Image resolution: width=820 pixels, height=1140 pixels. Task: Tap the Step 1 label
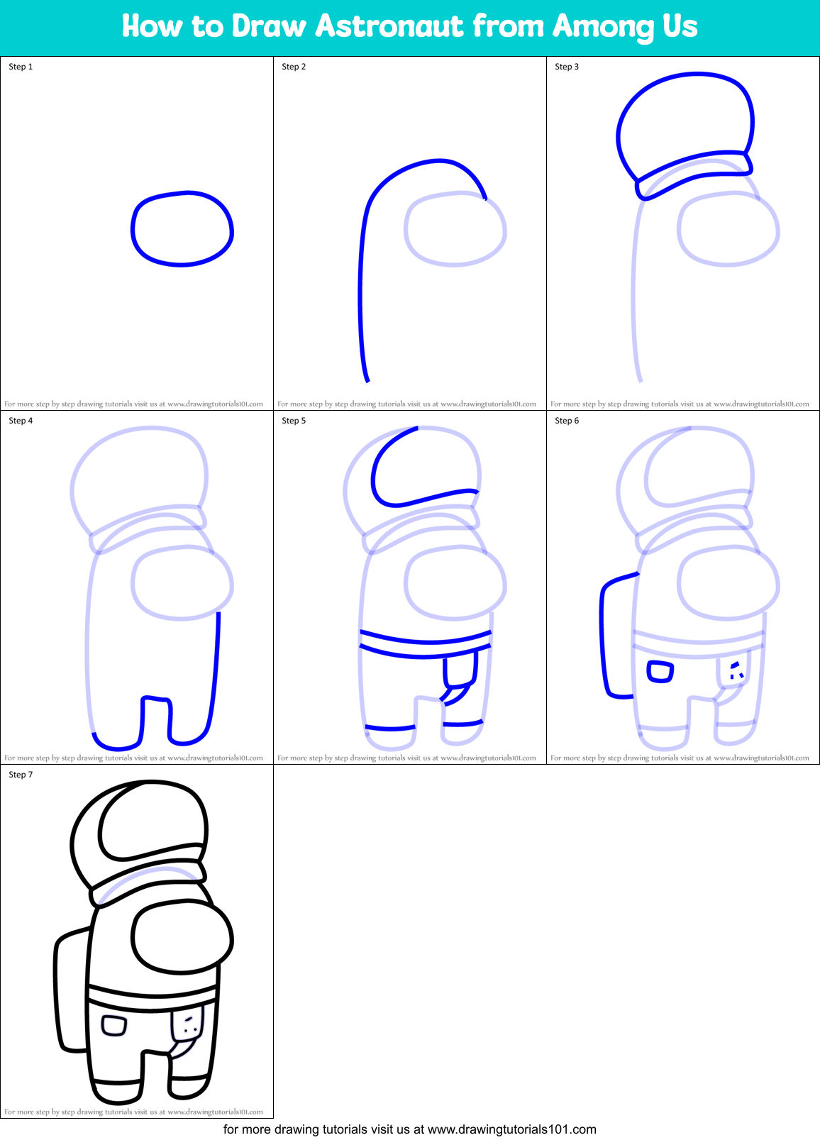pos(21,67)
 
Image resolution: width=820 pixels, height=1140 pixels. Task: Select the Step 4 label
pos(21,421)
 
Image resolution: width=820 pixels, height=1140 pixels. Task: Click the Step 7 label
pos(21,775)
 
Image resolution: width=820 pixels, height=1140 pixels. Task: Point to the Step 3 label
pos(567,67)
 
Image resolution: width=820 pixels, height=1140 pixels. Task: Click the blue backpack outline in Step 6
pos(605,638)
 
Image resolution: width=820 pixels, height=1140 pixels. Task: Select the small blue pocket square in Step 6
pos(660,671)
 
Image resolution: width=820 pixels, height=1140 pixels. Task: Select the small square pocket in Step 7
pos(114,1026)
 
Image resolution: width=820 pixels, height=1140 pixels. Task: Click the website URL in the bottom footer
pos(511,1129)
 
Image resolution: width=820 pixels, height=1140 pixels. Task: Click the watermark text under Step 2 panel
pos(406,404)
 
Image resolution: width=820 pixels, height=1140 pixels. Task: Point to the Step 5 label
pos(294,421)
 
